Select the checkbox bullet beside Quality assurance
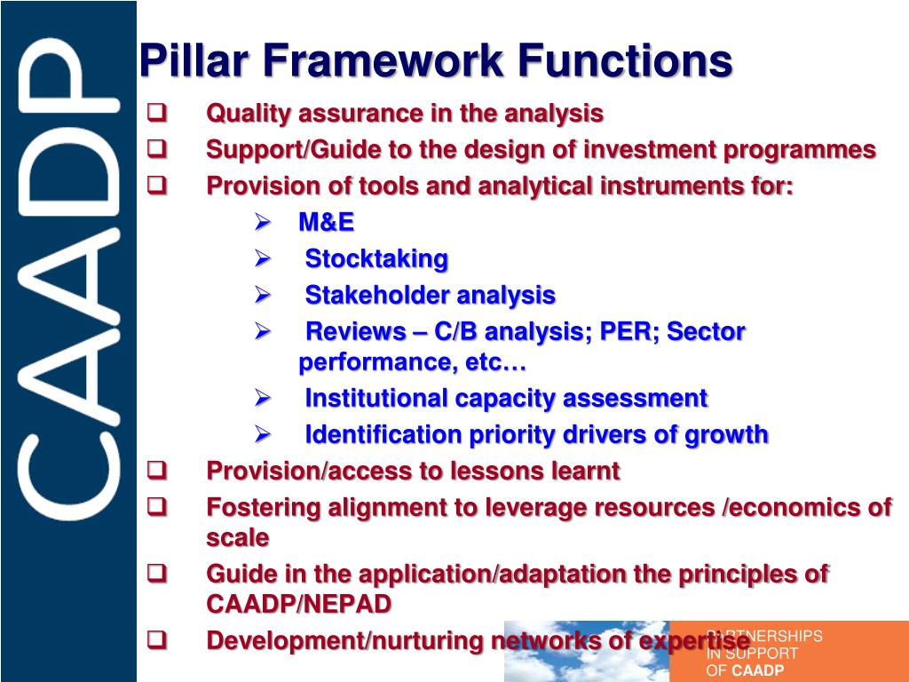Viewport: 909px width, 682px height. click(157, 113)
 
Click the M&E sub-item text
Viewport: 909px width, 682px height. click(326, 223)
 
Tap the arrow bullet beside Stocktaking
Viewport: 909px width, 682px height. click(262, 258)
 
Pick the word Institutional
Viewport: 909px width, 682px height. click(376, 399)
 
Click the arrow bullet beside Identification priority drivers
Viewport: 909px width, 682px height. click(262, 434)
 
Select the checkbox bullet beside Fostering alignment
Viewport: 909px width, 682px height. click(157, 506)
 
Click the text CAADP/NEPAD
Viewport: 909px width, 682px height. click(298, 605)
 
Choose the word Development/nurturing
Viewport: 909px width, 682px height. click(345, 640)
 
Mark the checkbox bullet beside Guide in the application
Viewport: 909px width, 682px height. click(157, 574)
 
